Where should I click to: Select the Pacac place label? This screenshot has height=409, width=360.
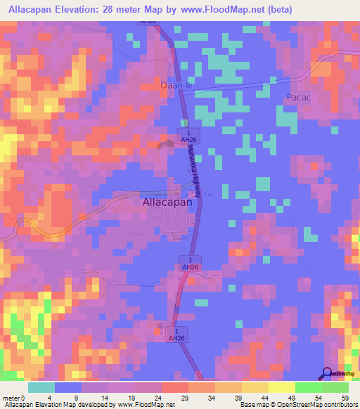[298, 97]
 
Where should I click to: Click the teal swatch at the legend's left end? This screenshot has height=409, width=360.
[41, 387]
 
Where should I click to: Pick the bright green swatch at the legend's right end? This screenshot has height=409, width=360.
[335, 387]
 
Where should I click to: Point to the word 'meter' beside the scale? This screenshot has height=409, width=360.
[11, 398]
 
